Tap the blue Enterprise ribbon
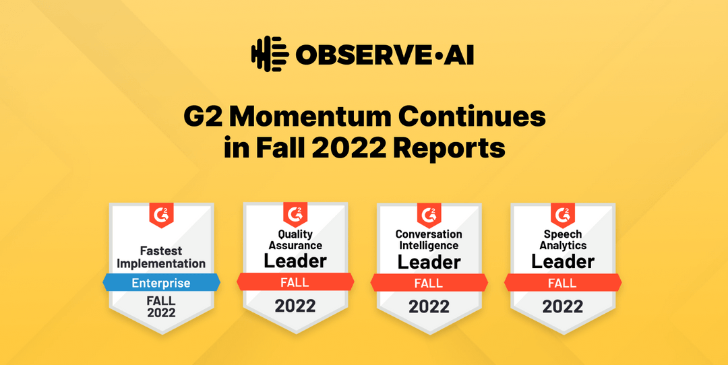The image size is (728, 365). point(161,283)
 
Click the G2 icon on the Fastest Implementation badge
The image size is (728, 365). point(162,215)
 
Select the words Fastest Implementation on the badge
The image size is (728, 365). point(161,257)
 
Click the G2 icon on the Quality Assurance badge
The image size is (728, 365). point(295,215)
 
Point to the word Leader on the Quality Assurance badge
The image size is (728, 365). point(295,261)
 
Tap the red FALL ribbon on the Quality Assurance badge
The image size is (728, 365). point(295,283)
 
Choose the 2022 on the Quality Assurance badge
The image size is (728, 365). point(295,306)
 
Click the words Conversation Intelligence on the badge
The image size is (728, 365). point(429,240)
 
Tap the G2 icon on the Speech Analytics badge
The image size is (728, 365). point(563,215)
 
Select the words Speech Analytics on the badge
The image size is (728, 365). point(563,240)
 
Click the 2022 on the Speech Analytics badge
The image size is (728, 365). point(563,306)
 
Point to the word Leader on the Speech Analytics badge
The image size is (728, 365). point(563,261)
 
